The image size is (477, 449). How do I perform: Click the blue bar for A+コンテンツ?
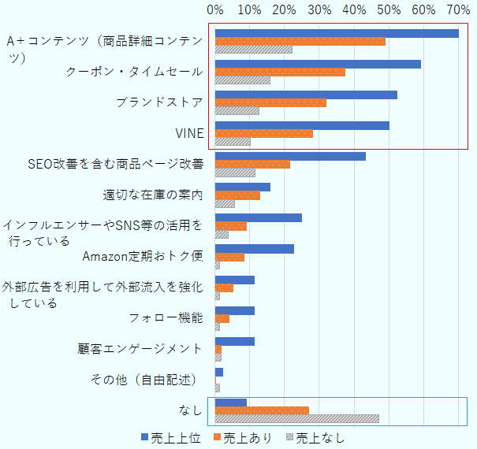pyautogui.click(x=337, y=33)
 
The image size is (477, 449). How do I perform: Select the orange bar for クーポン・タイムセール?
pyautogui.click(x=280, y=72)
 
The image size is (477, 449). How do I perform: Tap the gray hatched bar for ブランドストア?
pyautogui.click(x=237, y=111)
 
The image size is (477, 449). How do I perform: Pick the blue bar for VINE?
pyautogui.click(x=302, y=125)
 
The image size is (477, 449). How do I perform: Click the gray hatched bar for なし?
pyautogui.click(x=296, y=418)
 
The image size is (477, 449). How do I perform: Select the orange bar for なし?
pyautogui.click(x=262, y=410)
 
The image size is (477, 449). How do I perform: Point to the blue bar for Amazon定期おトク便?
pyautogui.click(x=255, y=249)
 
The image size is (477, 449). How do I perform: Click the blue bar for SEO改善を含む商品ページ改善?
pyautogui.click(x=290, y=156)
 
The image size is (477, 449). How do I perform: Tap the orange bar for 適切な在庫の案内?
pyautogui.click(x=237, y=195)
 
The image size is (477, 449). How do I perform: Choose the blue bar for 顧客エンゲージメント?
pyautogui.click(x=235, y=341)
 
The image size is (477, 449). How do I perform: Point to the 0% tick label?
pyautogui.click(x=215, y=10)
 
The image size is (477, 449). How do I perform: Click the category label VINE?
pyautogui.click(x=188, y=133)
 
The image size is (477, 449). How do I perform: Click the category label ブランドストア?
pyautogui.click(x=159, y=102)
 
